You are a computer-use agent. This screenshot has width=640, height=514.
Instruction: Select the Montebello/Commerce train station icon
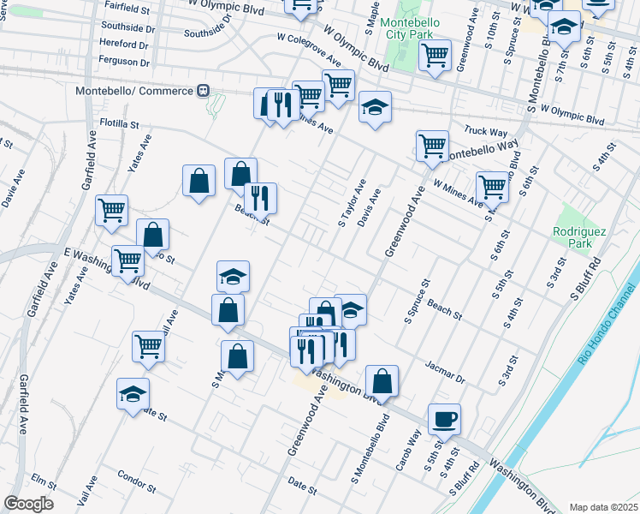(204, 90)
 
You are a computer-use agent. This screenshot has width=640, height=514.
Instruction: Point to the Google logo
(28, 504)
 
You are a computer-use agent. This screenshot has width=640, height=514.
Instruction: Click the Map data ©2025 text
(603, 507)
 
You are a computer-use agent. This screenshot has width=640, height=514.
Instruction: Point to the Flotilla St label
(119, 123)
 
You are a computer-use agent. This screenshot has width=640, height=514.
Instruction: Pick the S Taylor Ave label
(352, 204)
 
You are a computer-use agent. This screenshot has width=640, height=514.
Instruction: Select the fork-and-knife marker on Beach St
(260, 199)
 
